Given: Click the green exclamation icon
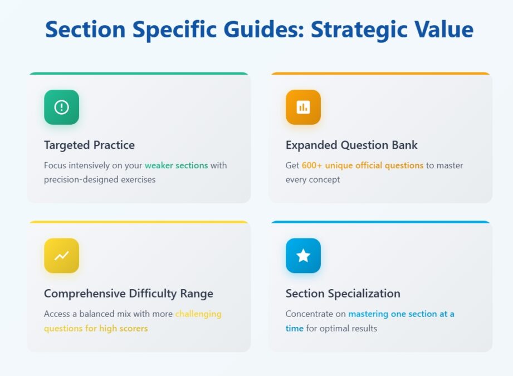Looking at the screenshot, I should (61, 107).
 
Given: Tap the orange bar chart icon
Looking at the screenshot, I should (303, 107).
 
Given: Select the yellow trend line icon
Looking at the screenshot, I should (61, 256).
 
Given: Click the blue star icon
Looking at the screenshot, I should (303, 256).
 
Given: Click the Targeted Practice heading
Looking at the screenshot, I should (89, 145).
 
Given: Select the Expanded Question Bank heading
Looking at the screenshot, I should (351, 145).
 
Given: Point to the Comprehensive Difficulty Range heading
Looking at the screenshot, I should (128, 294).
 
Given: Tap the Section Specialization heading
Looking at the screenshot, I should (343, 294).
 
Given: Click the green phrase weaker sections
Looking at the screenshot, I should (176, 165).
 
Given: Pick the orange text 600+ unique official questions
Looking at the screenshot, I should (363, 165).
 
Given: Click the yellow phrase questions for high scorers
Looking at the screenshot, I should (96, 329).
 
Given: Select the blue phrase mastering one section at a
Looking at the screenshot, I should (401, 314).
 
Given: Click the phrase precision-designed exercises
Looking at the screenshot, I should (100, 180).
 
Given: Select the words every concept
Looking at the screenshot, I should (312, 180).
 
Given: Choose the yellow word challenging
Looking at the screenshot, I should (198, 314).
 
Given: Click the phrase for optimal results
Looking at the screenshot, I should (341, 329).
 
